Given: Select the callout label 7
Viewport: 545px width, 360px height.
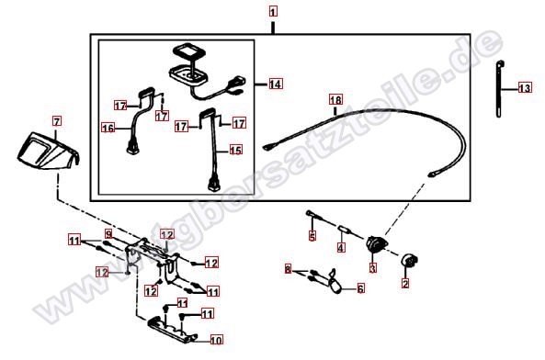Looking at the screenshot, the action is pyautogui.click(x=56, y=120).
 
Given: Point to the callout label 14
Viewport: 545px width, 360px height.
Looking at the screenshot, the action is pyautogui.click(x=276, y=84).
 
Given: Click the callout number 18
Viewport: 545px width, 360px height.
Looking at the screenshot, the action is pyautogui.click(x=335, y=99).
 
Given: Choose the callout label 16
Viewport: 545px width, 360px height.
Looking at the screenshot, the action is pyautogui.click(x=107, y=129).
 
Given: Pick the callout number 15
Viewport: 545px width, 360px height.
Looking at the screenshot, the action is pyautogui.click(x=235, y=149).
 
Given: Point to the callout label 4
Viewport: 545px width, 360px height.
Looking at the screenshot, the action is pyautogui.click(x=341, y=248).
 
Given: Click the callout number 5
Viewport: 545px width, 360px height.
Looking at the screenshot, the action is pyautogui.click(x=312, y=237).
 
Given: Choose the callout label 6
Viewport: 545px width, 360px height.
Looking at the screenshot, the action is pyautogui.click(x=360, y=288).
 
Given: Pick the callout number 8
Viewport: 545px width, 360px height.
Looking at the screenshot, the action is pyautogui.click(x=288, y=269).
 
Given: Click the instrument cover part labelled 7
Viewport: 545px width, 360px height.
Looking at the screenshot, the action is pyautogui.click(x=46, y=149).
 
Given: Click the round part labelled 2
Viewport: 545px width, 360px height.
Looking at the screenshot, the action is pyautogui.click(x=407, y=261).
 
